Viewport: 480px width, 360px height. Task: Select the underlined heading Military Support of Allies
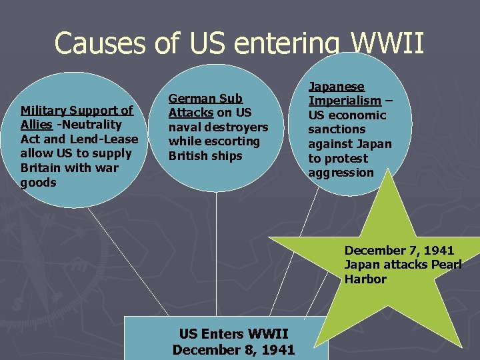[76, 111]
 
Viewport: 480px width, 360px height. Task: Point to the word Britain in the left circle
[41, 168]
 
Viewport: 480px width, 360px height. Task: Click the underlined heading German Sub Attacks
[205, 99]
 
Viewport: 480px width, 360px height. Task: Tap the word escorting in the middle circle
[235, 141]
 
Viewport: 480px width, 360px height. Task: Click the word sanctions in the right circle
[337, 129]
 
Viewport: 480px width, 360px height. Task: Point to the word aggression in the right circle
[341, 173]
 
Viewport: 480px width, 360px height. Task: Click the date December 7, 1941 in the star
[399, 251]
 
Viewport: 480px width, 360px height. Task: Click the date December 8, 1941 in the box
[233, 349]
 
